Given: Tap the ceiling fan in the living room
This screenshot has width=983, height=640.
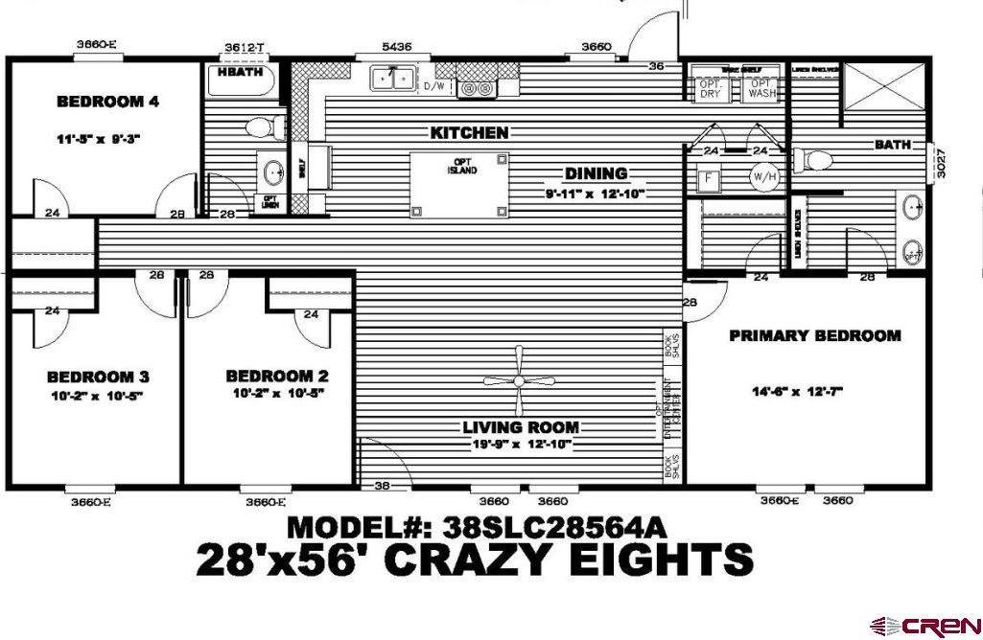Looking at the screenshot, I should [519, 380].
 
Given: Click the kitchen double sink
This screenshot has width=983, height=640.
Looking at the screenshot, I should [393, 79].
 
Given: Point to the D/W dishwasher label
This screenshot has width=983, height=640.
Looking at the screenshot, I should [433, 87].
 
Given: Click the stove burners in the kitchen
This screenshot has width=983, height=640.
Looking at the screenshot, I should [477, 88].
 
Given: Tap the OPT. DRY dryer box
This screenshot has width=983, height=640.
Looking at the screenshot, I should [710, 88].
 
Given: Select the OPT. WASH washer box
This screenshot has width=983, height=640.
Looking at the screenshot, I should [762, 88].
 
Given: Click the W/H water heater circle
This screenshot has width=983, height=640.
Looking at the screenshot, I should [763, 176].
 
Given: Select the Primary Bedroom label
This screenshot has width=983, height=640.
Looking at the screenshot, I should [814, 335].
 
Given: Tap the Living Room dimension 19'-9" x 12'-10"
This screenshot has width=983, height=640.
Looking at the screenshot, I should [520, 444].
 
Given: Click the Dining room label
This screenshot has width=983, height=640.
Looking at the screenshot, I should [595, 173].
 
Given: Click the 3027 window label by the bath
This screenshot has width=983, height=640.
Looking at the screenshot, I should [942, 162].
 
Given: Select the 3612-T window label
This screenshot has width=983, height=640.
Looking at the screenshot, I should [245, 47].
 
